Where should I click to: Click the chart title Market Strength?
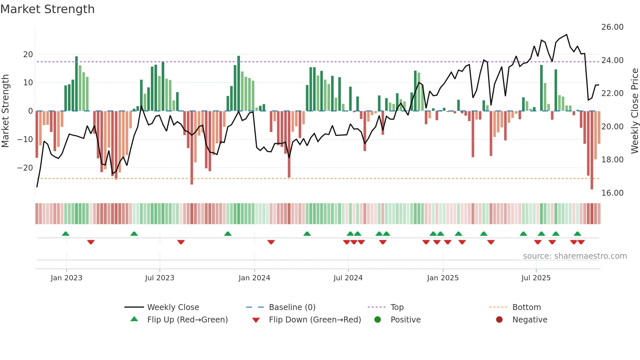click(x=47, y=9)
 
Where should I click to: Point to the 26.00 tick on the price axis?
click(x=612, y=27)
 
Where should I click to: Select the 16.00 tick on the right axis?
click(x=612, y=193)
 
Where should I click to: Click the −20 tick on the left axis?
click(x=25, y=168)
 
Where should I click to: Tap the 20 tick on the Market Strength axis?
click(x=28, y=55)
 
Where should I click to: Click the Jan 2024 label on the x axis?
click(x=254, y=278)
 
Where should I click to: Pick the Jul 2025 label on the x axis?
click(x=536, y=278)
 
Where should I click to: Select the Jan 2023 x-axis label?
click(x=67, y=278)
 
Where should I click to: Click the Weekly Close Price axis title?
click(x=634, y=111)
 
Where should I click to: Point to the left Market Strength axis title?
click(x=5, y=111)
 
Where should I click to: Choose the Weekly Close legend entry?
click(x=173, y=307)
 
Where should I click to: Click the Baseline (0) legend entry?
click(x=292, y=307)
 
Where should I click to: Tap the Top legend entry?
click(x=397, y=307)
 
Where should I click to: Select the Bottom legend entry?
click(x=526, y=307)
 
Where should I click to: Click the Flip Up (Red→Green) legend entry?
click(x=187, y=320)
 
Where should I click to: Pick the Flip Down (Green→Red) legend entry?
click(x=315, y=320)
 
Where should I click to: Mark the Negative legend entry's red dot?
click(x=499, y=319)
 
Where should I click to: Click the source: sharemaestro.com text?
click(x=575, y=256)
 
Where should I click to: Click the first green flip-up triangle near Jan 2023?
click(x=66, y=234)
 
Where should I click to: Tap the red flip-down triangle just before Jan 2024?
click(x=271, y=242)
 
